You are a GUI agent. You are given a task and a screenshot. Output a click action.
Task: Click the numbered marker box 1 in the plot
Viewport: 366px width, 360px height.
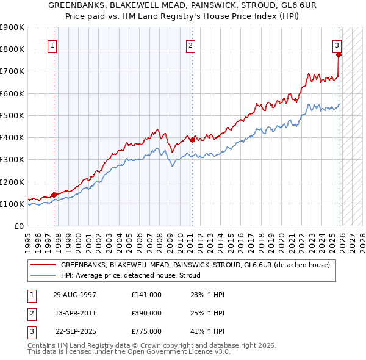[52, 45]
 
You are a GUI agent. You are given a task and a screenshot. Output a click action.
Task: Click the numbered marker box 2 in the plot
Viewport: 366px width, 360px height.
[191, 45]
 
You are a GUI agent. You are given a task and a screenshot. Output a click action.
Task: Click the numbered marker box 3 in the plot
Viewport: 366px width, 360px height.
[337, 45]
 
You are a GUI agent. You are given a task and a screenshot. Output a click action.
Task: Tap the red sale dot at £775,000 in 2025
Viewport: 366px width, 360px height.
[339, 54]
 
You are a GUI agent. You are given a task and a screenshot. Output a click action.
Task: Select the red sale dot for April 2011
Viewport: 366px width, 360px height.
[192, 140]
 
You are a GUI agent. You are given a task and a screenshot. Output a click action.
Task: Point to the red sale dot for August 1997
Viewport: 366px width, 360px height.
[54, 195]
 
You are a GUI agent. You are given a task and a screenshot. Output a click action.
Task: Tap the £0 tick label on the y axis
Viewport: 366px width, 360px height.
[18, 226]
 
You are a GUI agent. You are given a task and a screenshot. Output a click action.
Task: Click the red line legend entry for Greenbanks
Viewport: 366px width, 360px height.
[195, 265]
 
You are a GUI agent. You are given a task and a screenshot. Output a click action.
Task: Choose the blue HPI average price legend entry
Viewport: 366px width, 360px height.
[134, 275]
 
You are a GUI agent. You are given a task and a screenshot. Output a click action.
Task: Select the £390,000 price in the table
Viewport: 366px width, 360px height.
[146, 313]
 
